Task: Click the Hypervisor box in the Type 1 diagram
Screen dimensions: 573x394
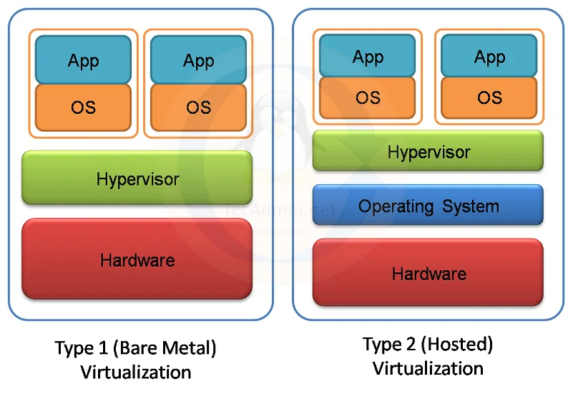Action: click(137, 178)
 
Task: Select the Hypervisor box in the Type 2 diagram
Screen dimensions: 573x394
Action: click(428, 150)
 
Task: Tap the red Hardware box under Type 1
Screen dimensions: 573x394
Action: click(137, 259)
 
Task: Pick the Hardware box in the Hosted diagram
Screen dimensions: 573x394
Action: click(428, 272)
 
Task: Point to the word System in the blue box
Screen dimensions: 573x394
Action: click(471, 206)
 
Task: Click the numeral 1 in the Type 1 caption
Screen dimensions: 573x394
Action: click(104, 347)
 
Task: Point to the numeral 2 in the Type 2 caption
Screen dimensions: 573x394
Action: click(411, 345)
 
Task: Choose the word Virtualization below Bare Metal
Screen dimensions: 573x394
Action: click(136, 372)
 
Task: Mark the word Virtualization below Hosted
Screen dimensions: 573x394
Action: click(428, 368)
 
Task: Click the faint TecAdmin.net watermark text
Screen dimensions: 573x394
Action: click(280, 211)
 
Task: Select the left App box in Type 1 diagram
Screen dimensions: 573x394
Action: click(83, 59)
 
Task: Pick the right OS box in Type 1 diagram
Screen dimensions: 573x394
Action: click(198, 107)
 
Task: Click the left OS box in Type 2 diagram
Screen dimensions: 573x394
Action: click(367, 97)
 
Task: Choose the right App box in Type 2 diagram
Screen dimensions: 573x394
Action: click(489, 56)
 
